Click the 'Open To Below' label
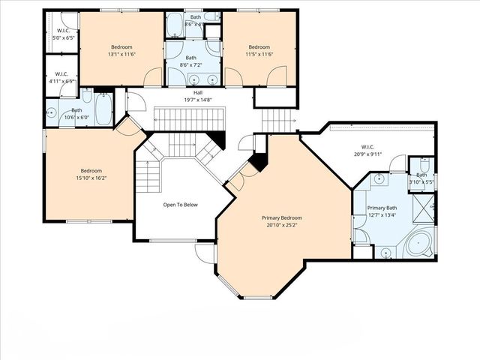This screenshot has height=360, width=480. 181,204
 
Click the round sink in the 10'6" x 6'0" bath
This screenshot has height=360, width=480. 52,114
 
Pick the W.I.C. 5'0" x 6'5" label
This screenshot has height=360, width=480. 61,34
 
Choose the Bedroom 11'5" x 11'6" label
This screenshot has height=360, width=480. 259,50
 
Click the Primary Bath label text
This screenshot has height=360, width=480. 382,211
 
